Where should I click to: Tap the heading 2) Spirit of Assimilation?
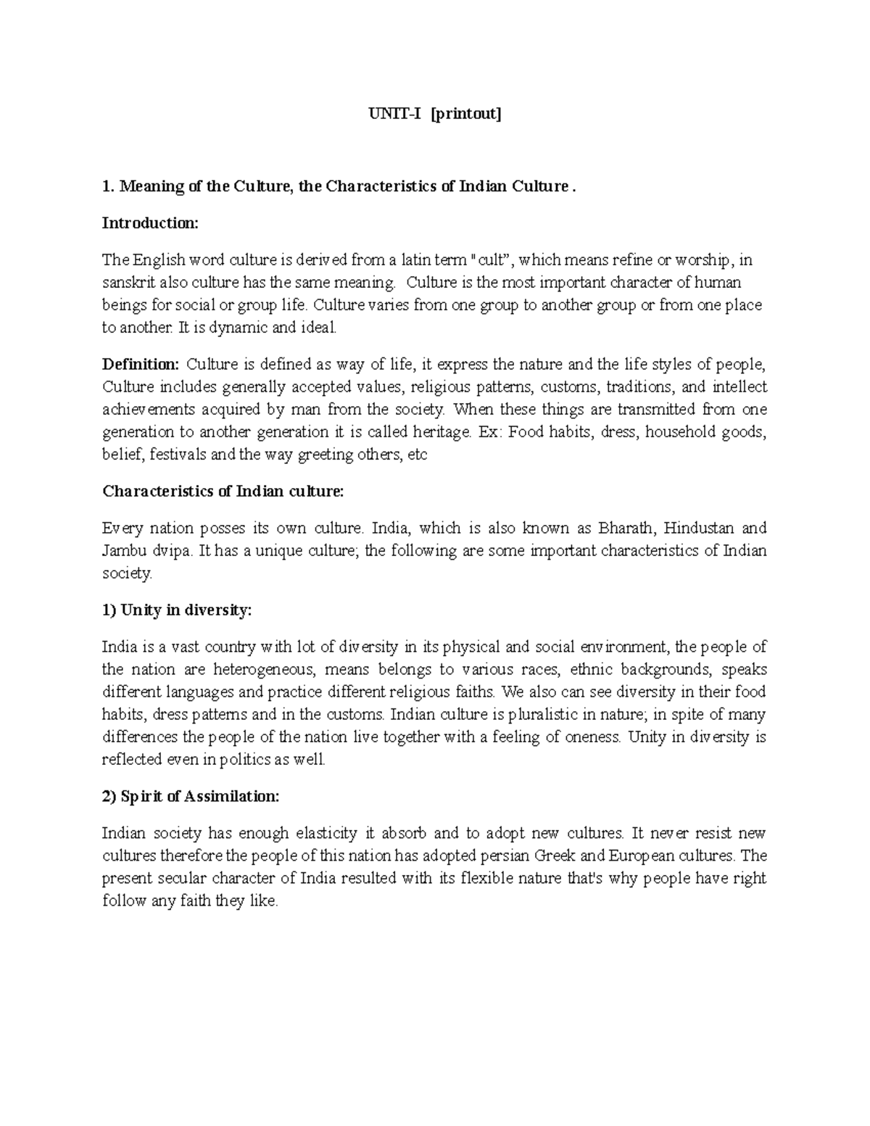pyautogui.click(x=190, y=796)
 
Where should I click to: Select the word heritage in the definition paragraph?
pyautogui.click(x=439, y=432)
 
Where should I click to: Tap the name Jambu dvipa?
pyautogui.click(x=148, y=550)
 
